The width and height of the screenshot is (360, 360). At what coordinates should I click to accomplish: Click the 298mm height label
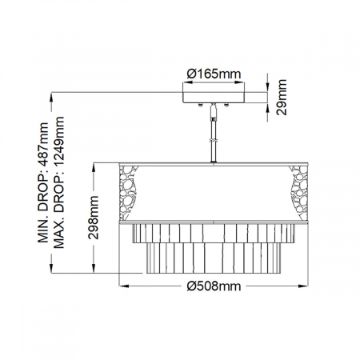pyautogui.click(x=94, y=218)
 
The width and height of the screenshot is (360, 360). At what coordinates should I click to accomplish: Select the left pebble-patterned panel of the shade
pyautogui.click(x=130, y=192)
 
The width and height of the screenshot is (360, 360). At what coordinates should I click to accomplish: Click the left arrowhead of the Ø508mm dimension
pyautogui.click(x=122, y=286)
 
